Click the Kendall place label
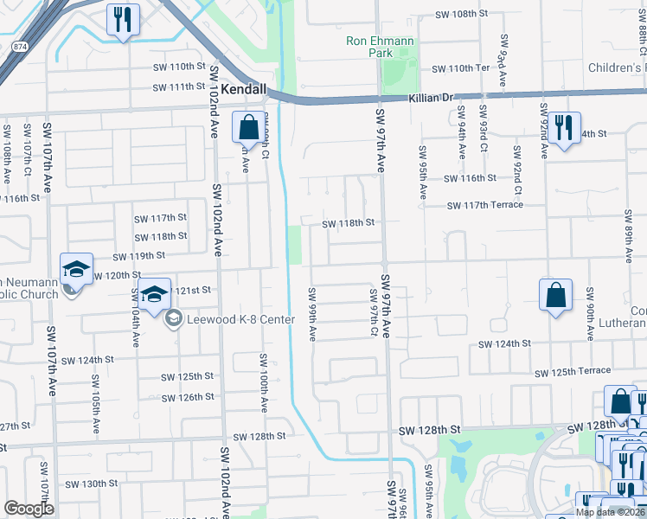(244, 89)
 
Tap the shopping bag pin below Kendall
(248, 127)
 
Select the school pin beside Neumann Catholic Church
(75, 269)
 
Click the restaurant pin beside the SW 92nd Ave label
(564, 128)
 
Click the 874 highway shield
(18, 44)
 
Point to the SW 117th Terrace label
(485, 205)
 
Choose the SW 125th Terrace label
(573, 372)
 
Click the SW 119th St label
(140, 256)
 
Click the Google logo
(29, 509)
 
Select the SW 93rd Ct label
(502, 62)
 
